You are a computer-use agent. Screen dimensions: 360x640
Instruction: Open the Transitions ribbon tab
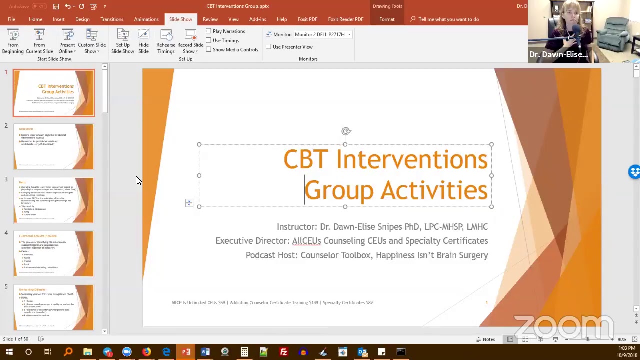point(112,19)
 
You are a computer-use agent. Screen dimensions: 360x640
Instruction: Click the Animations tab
point(146,19)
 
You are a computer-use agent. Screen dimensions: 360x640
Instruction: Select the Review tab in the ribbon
point(210,19)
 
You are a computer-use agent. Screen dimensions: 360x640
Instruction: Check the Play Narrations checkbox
point(209,31)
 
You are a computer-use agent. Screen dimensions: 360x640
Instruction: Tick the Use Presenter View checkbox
point(269,47)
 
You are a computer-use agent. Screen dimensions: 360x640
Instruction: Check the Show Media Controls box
point(209,49)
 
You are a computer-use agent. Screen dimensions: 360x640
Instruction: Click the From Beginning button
point(13,41)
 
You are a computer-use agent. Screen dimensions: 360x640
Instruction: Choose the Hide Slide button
point(143,41)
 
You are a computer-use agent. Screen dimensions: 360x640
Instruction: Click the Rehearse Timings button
point(166,41)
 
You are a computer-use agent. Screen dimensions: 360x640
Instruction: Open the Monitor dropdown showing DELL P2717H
point(323,34)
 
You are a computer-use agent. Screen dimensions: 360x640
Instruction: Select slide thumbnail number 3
point(54,200)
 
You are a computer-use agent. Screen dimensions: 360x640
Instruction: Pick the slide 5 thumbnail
point(54,307)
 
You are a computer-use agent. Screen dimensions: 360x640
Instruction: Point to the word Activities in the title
point(434,191)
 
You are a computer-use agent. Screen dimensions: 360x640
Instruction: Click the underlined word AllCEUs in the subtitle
point(306,241)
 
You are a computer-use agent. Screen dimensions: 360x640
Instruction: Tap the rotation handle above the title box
point(346,131)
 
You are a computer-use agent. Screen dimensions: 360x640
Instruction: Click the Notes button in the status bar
point(485,339)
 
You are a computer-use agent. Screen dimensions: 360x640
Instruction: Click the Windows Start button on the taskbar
point(9,352)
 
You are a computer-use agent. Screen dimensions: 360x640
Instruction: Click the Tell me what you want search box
point(448,19)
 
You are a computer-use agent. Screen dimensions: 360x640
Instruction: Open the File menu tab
point(11,19)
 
